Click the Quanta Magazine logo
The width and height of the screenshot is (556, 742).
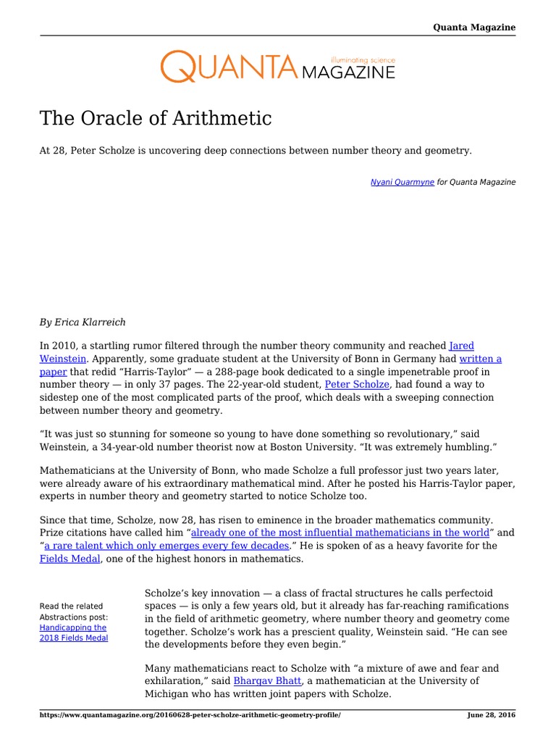(x=277, y=66)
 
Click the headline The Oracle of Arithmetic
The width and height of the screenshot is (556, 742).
(x=156, y=118)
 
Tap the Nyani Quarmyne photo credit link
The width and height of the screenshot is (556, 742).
(x=402, y=183)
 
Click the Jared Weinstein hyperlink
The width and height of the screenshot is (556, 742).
(x=461, y=346)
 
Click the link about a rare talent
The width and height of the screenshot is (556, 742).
(x=167, y=546)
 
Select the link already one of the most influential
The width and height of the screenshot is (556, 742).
(x=340, y=533)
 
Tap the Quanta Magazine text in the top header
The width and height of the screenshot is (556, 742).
(x=474, y=28)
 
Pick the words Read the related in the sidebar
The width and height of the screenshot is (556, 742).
(x=71, y=606)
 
